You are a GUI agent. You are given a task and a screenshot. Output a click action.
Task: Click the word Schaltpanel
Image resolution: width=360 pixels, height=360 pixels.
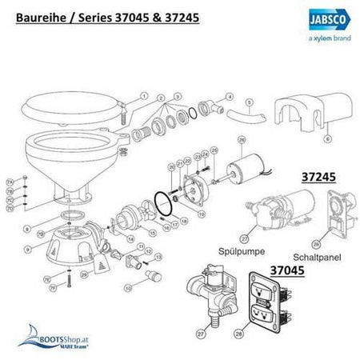(x=326, y=250)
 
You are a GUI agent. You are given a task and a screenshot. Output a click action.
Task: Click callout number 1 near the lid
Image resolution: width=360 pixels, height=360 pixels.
(x=145, y=95)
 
